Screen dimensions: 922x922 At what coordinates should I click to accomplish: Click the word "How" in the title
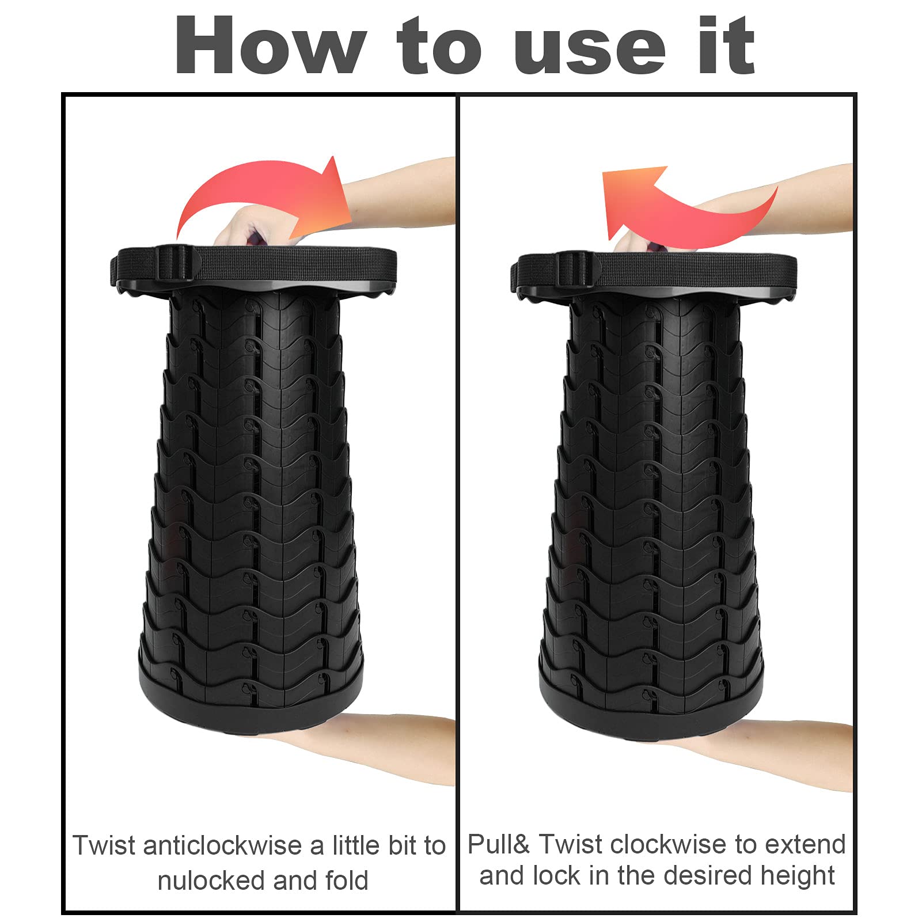click(271, 45)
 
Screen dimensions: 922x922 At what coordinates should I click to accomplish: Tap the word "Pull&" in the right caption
click(499, 845)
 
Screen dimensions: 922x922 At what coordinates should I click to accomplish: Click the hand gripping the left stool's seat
click(245, 225)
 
